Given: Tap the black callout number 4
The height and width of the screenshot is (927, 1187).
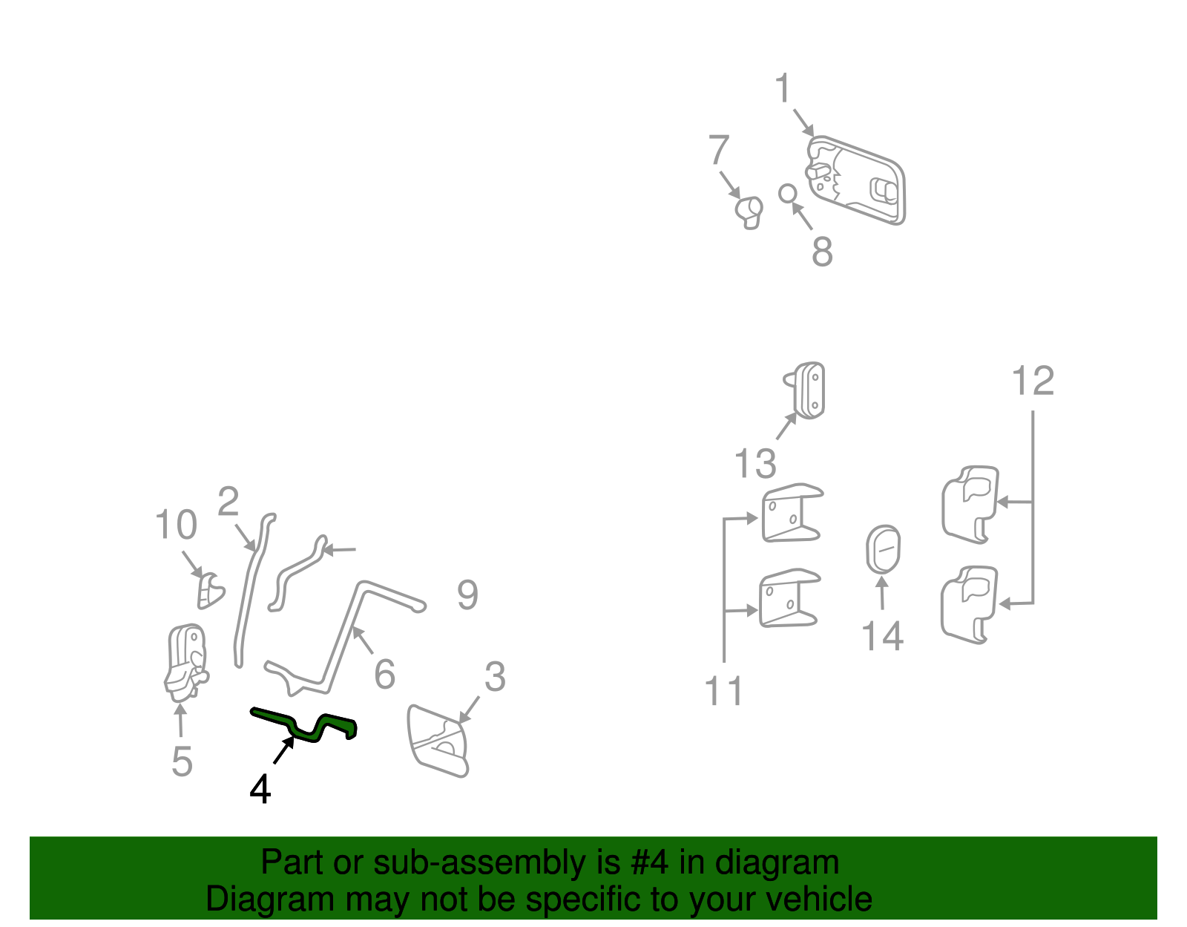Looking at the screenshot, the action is (260, 790).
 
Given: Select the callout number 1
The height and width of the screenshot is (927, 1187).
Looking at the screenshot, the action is (783, 88).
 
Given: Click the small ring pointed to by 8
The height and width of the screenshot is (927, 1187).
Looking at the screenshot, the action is (788, 194).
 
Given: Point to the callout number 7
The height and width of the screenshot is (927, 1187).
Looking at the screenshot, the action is (719, 149).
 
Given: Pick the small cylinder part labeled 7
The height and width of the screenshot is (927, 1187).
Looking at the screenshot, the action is (749, 212).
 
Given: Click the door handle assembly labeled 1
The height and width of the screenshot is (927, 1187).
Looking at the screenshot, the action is (855, 180).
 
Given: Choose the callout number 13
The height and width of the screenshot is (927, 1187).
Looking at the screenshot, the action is (755, 464).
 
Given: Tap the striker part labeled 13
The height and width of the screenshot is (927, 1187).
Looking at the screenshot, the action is (805, 390).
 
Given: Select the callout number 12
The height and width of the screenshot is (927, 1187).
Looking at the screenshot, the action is (1033, 381).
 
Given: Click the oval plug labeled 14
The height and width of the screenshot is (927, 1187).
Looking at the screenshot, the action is (883, 549).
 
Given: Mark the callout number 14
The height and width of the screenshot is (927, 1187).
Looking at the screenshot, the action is (883, 636).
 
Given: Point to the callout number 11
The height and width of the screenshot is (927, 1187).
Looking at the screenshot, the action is (724, 691).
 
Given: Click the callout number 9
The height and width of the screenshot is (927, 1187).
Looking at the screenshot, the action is (467, 595).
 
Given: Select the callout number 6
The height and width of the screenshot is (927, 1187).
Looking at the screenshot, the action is (384, 674).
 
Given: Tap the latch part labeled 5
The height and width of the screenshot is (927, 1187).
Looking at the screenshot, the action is (186, 663).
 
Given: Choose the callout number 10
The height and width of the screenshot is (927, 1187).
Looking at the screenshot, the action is (176, 525).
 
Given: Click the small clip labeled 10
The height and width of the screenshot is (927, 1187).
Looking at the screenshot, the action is (210, 591).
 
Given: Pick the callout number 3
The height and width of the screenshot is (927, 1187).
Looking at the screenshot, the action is (495, 676).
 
